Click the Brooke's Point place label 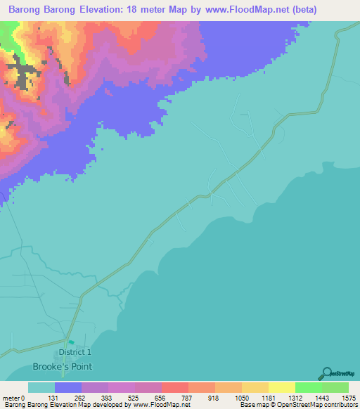pyautogui.click(x=62, y=366)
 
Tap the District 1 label pyautogui.click(x=75, y=352)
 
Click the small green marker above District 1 pyautogui.click(x=70, y=342)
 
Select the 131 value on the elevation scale pyautogui.click(x=54, y=397)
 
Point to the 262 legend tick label pyautogui.click(x=81, y=397)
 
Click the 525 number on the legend pyautogui.click(x=134, y=397)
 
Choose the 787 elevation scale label pyautogui.click(x=188, y=397)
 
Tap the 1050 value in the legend pyautogui.click(x=241, y=397)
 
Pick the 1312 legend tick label pyautogui.click(x=295, y=397)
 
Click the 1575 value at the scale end pyautogui.click(x=348, y=397)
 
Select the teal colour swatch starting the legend pyautogui.click(x=41, y=387)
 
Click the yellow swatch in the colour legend pyautogui.click(x=281, y=387)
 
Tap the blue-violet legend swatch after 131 pyautogui.click(x=67, y=387)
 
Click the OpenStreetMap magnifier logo pyautogui.click(x=326, y=372)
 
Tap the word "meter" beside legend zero pyautogui.click(x=12, y=397)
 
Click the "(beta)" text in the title pyautogui.click(x=301, y=10)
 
